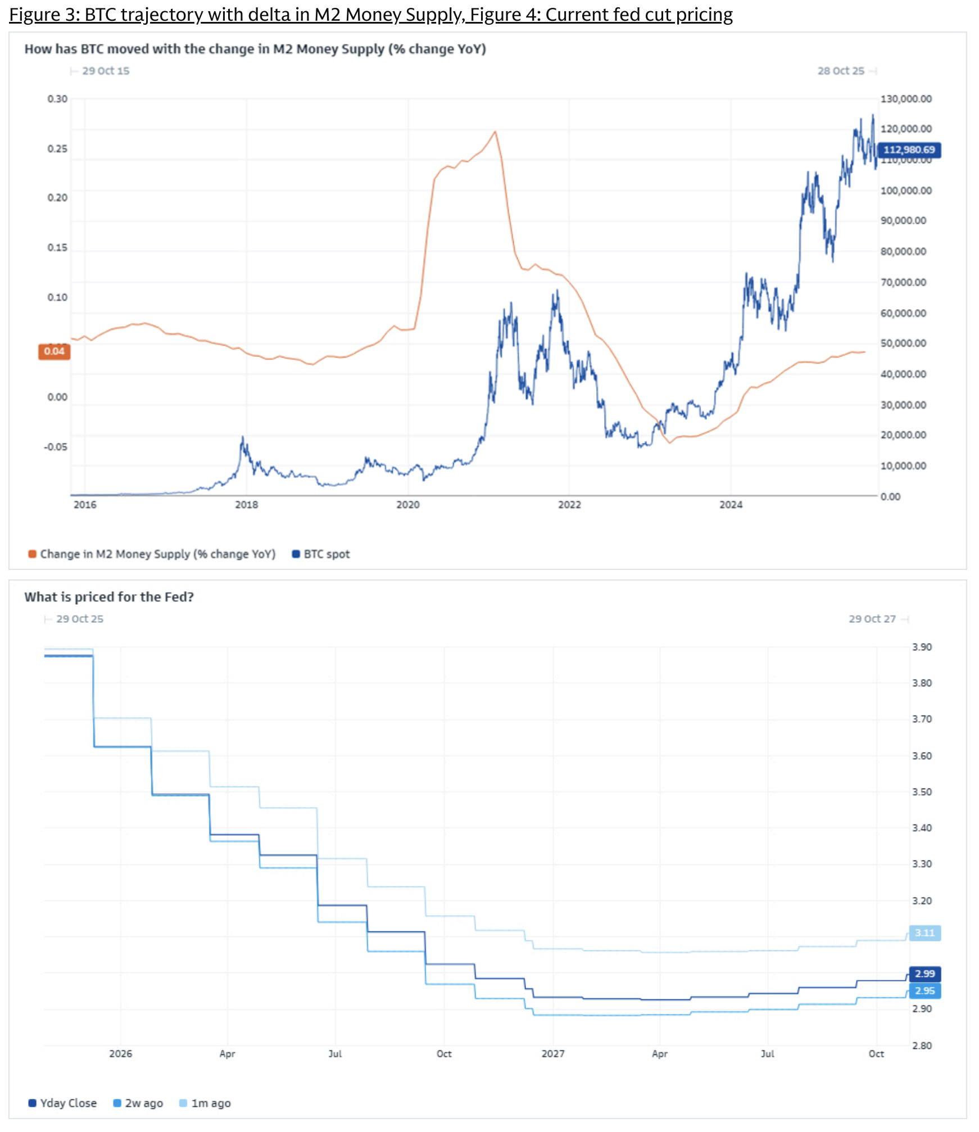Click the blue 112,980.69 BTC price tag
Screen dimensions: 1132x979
pos(909,150)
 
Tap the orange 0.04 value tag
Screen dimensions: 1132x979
pos(54,351)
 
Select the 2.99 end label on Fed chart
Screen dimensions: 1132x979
pos(924,973)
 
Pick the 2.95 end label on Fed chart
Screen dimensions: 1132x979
pos(924,990)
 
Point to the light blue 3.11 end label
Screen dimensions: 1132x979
pos(924,933)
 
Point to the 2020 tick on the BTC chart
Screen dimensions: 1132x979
pos(408,505)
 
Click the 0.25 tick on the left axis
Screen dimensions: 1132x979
pos(57,148)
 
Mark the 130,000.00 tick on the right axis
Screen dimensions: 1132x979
pos(906,99)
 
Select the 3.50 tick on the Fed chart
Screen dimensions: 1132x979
pos(922,792)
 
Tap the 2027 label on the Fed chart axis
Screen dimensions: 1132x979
pos(553,1053)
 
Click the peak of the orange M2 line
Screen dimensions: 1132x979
pos(495,132)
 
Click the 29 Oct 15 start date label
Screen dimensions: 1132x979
pos(106,71)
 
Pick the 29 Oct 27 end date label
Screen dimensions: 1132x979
pos(872,619)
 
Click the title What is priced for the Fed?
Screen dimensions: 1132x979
pos(109,597)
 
